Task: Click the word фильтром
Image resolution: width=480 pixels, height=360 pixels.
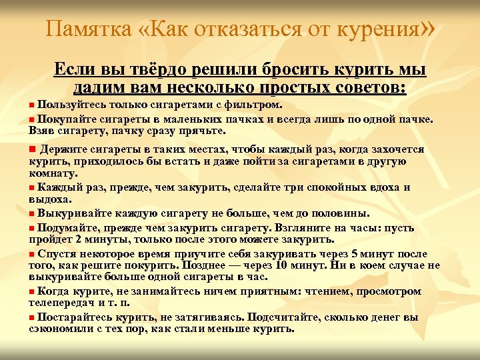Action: point(256,105)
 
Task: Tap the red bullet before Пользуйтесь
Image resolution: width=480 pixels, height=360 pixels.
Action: point(33,105)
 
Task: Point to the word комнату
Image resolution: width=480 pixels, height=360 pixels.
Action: point(53,173)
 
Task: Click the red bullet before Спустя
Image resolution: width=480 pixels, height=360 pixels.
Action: point(33,253)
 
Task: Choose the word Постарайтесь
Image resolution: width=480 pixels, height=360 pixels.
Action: point(77,317)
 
